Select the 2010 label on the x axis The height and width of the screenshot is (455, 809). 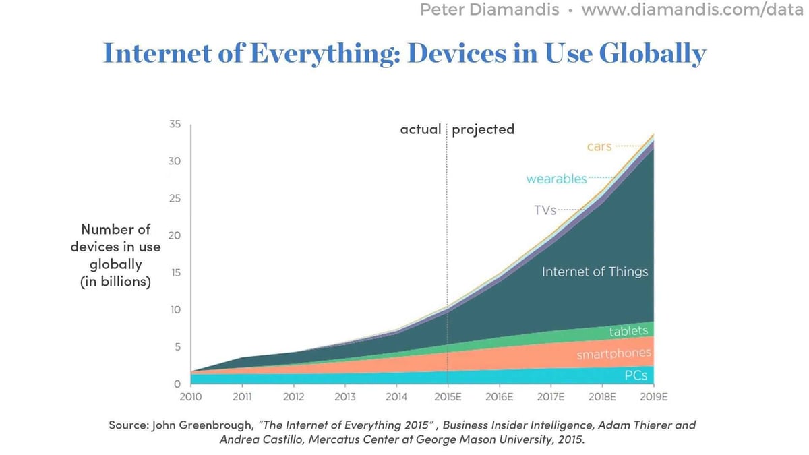point(191,397)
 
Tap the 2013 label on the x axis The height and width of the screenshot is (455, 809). point(344,397)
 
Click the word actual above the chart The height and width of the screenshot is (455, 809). point(421,129)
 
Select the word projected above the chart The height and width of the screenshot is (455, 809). point(483,129)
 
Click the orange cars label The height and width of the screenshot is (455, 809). point(599,146)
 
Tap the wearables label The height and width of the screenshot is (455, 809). point(556,179)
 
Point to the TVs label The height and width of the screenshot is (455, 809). point(545,210)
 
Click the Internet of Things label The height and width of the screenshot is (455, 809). point(595,272)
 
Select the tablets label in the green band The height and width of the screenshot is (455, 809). point(628,331)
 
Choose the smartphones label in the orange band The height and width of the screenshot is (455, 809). point(613,354)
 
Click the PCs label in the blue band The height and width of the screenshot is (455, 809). point(636,375)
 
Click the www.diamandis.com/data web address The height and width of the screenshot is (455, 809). point(694,10)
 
